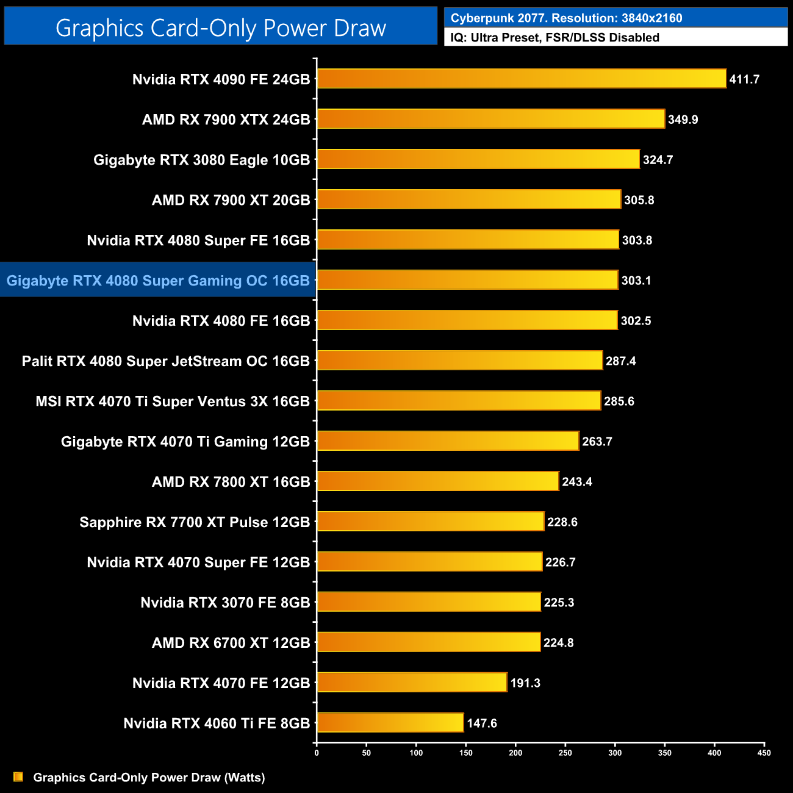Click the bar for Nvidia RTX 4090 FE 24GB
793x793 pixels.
tap(522, 79)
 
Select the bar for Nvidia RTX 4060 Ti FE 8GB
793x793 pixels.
tap(390, 723)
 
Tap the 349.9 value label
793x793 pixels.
tap(683, 120)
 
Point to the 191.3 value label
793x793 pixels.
tap(525, 683)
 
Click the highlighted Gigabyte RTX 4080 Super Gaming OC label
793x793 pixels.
tap(158, 281)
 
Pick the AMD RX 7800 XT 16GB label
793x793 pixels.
tap(231, 482)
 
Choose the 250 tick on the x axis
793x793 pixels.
tap(565, 753)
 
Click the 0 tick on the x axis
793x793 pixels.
tap(317, 753)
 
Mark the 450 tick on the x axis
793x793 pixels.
tap(764, 753)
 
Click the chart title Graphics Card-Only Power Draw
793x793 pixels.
tap(221, 28)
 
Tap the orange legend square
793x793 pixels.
tap(18, 777)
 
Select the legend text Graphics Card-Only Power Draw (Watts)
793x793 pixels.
tap(149, 777)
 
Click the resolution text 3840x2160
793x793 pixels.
tap(651, 18)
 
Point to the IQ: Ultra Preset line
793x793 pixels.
tap(554, 38)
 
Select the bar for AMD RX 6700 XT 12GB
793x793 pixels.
tap(429, 642)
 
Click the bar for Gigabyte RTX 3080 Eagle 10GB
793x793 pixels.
tap(478, 159)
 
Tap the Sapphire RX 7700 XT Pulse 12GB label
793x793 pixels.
tap(195, 522)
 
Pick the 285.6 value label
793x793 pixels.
tap(619, 401)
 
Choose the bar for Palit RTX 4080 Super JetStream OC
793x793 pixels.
tap(460, 361)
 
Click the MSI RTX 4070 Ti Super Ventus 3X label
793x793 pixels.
tap(173, 401)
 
